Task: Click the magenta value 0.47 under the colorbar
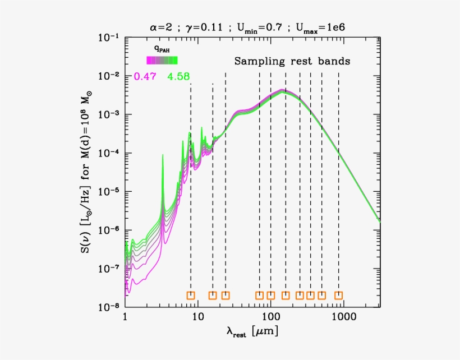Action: [145, 77]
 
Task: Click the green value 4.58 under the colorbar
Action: [178, 77]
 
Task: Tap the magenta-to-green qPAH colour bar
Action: [162, 61]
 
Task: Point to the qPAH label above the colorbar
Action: [162, 49]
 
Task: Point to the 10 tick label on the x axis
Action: [197, 317]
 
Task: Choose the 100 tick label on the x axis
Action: [270, 317]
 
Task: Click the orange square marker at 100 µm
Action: [270, 296]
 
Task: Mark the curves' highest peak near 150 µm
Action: [284, 90]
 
